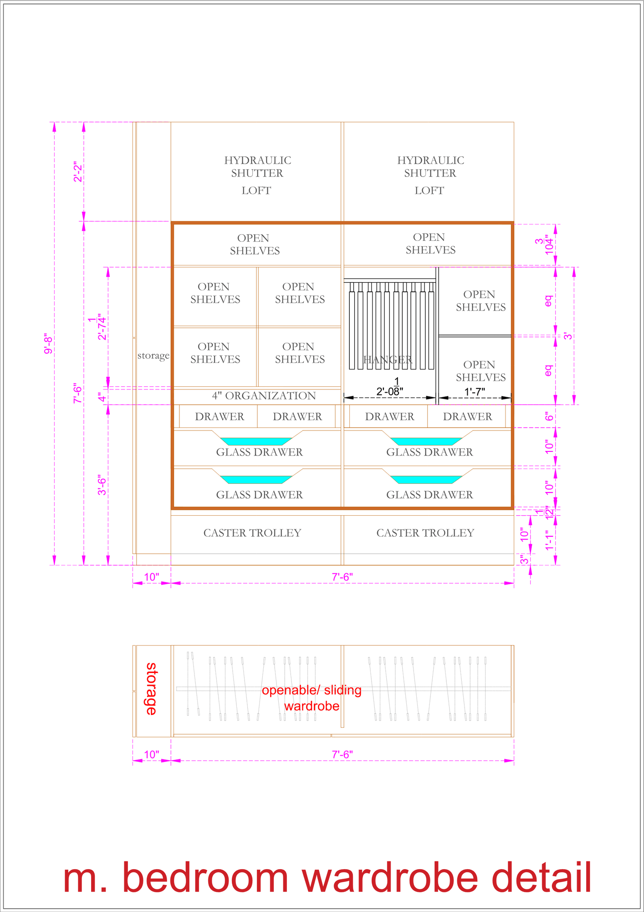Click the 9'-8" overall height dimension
point(49,344)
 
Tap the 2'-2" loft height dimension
point(78,172)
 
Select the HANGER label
point(388,360)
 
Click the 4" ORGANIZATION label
point(264,395)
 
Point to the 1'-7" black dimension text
point(475,391)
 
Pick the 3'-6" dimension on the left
point(102,485)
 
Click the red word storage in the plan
point(151,689)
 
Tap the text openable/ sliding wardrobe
point(312,698)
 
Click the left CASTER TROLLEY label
point(252,533)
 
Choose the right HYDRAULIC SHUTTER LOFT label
point(430,175)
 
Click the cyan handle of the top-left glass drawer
point(256,441)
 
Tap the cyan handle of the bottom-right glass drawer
point(426,480)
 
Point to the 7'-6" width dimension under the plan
point(342,755)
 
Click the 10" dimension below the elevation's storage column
point(151,577)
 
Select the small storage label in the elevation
point(153,355)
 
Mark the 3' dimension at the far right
point(568,336)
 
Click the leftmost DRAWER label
point(220,416)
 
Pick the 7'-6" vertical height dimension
point(78,394)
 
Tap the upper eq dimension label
point(548,301)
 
